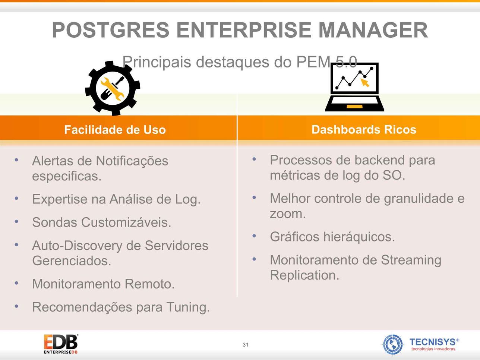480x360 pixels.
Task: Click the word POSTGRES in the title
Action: point(111,30)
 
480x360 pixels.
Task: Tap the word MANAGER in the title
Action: point(373,30)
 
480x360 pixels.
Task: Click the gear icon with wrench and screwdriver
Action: point(113,88)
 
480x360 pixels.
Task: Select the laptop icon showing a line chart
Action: point(354,87)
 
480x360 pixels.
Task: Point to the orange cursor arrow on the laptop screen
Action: point(365,83)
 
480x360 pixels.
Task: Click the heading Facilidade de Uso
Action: point(115,130)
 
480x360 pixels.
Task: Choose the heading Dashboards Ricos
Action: point(364,129)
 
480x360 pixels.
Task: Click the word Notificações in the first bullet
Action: point(132,161)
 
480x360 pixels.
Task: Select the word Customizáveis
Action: point(126,222)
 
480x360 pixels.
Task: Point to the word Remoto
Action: point(149,284)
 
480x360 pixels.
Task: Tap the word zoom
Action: point(288,214)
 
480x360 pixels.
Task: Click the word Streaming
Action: point(411,260)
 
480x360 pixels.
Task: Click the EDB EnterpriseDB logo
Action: point(61,344)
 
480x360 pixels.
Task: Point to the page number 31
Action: point(246,345)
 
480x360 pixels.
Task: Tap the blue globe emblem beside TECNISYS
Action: point(393,344)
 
